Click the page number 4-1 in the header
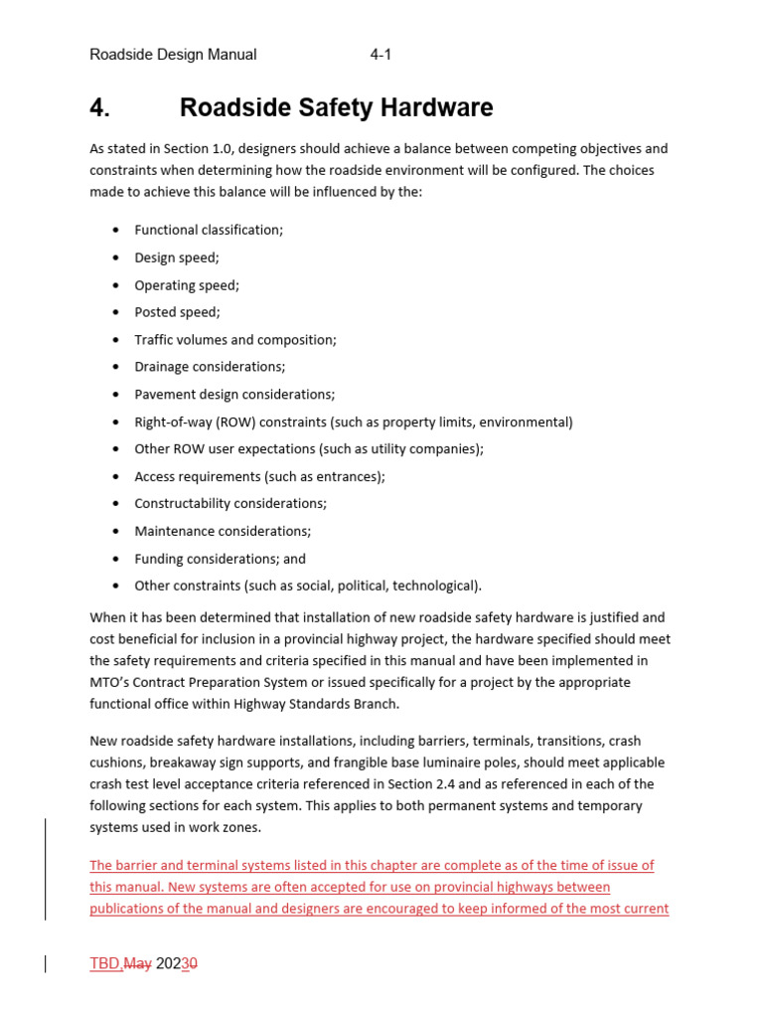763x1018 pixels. pos(381,55)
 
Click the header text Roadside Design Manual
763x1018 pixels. pos(173,55)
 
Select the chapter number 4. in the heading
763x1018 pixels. pos(99,107)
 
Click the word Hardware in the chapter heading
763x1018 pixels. pos(438,107)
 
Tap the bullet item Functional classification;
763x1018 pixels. pos(209,230)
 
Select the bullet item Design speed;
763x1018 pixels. pos(177,257)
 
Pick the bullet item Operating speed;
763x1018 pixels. pos(187,285)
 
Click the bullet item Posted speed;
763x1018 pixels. pos(177,312)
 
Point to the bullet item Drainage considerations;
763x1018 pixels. pos(210,367)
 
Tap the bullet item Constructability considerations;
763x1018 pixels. pos(230,504)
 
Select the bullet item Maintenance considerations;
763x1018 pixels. pos(223,531)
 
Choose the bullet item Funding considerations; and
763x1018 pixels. pos(220,559)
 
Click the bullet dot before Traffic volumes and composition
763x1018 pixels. pos(117,340)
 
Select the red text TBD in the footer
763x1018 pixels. pos(104,963)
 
